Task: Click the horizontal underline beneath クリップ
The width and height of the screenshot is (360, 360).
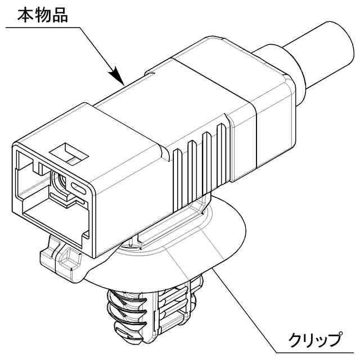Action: coord(315,350)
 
